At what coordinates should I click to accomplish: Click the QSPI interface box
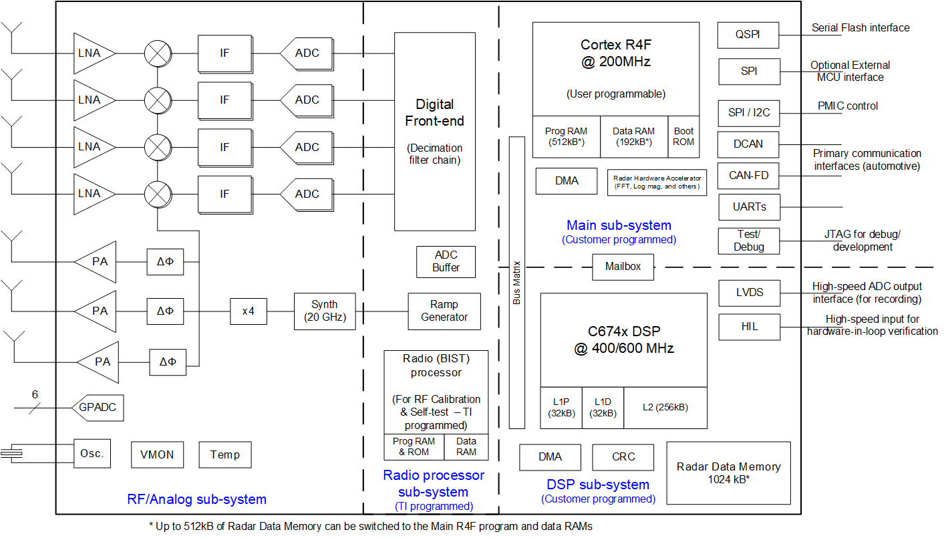point(748,35)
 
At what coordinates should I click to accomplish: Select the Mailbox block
point(623,267)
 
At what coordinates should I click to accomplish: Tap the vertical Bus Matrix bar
point(517,282)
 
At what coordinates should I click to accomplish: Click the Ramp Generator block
point(444,311)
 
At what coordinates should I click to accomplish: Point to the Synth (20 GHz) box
point(325,311)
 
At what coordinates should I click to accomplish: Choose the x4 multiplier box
point(249,311)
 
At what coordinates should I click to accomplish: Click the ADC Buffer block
point(446,261)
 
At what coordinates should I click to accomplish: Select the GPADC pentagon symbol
point(100,407)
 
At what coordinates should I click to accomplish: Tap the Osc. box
point(92,454)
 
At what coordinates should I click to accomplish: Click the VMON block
point(157,454)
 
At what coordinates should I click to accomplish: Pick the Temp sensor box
point(225,454)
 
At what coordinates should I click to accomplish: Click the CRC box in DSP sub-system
point(623,457)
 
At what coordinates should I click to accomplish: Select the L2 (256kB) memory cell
point(665,408)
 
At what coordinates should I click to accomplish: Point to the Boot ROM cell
point(683,137)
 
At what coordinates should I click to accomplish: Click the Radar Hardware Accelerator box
point(657,182)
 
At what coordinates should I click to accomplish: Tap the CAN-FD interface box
point(748,176)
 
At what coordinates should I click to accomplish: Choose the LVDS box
point(749,293)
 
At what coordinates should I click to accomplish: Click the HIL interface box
point(749,327)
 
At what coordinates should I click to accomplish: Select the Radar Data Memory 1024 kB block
point(728,473)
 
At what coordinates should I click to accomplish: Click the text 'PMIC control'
point(847,106)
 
